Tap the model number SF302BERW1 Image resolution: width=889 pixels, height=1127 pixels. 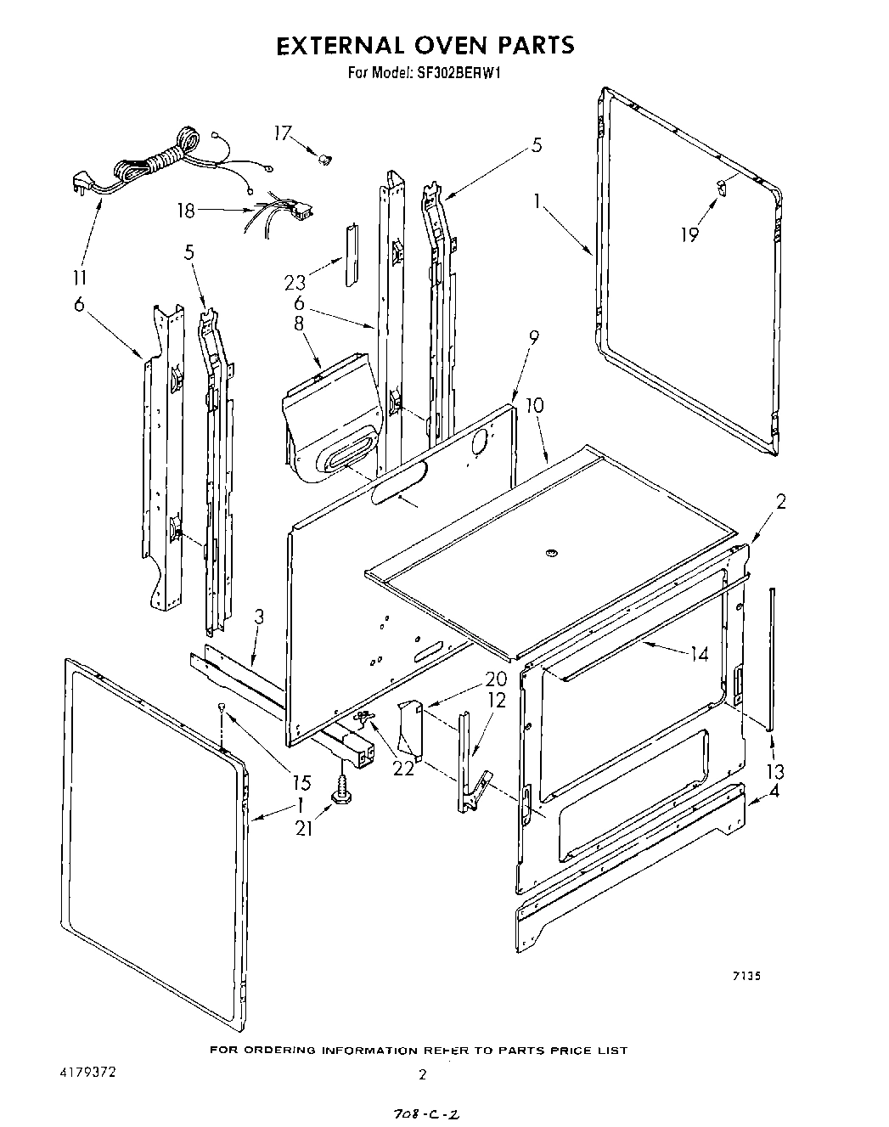click(x=460, y=73)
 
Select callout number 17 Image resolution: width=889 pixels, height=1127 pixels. click(x=283, y=132)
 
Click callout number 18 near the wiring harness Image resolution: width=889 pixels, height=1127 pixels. click(x=186, y=209)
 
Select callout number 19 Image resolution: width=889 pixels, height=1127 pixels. click(x=689, y=234)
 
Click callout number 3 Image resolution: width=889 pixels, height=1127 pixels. click(x=259, y=617)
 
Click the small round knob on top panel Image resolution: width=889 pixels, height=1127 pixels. click(x=551, y=555)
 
